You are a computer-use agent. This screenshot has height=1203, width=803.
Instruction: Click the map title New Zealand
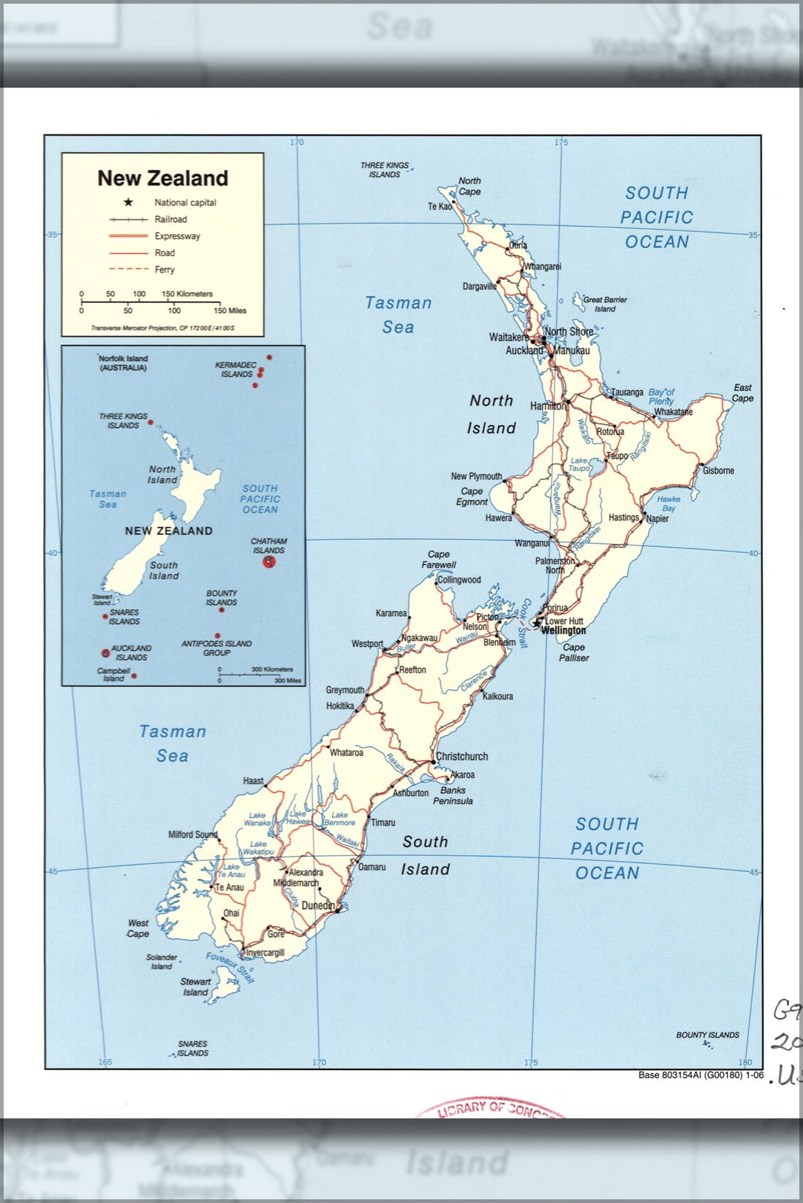162,178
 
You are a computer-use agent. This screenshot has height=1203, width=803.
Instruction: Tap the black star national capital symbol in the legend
128,202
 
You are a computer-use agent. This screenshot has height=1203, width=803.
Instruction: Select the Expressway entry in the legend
177,236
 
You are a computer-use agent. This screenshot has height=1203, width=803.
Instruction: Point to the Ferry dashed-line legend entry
165,270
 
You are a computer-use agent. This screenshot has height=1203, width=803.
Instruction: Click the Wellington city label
563,630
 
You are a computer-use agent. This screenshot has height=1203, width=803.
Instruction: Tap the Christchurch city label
461,756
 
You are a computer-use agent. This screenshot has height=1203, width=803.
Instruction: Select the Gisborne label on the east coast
717,471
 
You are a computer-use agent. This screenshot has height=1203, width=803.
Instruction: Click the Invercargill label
265,953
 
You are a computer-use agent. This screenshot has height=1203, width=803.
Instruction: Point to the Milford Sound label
193,835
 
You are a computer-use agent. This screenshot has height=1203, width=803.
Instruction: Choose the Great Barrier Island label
604,304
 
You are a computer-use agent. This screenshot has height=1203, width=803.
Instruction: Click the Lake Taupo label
578,464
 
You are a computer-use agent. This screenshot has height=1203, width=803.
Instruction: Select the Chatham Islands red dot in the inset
270,561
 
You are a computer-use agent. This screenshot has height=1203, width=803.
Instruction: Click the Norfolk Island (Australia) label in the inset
123,363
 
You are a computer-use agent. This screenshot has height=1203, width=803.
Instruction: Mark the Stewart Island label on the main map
195,987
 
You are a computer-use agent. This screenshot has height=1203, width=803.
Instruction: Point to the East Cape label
742,393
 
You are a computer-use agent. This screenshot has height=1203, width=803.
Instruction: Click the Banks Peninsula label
453,795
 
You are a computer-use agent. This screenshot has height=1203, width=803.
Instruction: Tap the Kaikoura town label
497,697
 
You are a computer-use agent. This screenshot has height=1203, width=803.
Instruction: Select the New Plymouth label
476,477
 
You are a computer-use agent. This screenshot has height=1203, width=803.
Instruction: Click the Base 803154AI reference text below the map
700,1075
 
